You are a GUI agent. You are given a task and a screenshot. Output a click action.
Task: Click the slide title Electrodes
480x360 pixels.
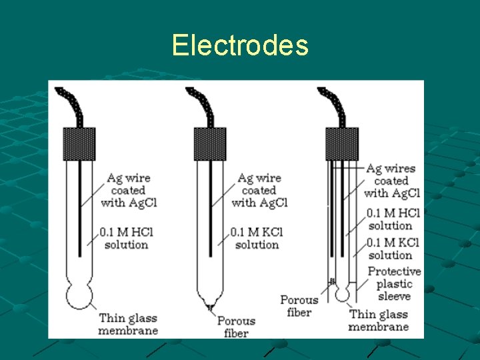[240, 45]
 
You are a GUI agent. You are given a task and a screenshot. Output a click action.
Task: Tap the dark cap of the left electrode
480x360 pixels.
[79, 144]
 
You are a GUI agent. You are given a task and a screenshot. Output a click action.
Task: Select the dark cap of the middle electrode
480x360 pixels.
[209, 144]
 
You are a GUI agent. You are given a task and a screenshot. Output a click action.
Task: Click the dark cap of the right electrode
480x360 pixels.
[341, 144]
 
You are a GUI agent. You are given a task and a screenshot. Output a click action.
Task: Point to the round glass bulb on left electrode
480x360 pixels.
[79, 295]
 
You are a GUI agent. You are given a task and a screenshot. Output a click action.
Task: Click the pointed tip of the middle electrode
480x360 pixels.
[210, 306]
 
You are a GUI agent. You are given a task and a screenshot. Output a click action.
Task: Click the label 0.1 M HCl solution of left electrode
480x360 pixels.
[126, 239]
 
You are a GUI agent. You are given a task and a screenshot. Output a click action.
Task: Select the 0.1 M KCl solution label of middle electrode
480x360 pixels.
[257, 239]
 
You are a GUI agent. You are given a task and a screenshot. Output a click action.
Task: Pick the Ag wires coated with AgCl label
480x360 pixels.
[392, 181]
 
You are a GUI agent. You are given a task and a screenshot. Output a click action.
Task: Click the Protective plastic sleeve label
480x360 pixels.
[394, 283]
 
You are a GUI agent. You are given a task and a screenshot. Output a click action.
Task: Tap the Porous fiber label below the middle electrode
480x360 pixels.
[236, 327]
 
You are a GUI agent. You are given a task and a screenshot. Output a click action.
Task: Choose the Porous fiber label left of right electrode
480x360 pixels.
[299, 306]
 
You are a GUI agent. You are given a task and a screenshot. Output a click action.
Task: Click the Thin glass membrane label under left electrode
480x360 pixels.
[128, 324]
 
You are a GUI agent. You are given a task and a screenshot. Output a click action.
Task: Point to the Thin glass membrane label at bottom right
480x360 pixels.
[378, 320]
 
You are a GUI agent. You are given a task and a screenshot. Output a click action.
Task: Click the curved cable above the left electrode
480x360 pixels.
[69, 107]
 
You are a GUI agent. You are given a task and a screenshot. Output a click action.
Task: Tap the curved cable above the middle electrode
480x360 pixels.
[201, 107]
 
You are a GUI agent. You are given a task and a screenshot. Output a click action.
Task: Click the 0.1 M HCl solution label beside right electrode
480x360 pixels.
[393, 219]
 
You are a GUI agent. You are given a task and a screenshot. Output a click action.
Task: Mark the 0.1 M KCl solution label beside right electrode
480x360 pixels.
[393, 249]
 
